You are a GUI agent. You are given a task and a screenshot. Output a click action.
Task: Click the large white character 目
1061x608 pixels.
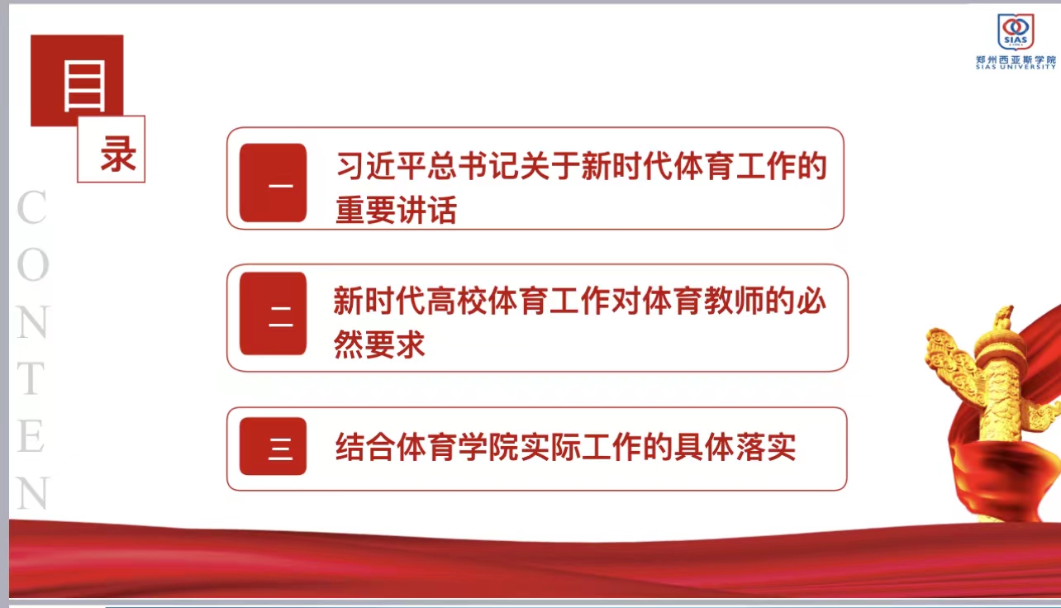click(x=85, y=86)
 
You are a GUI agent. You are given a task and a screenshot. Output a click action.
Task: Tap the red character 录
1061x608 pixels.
click(x=118, y=154)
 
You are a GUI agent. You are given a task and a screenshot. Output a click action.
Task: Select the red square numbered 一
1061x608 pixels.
click(x=273, y=183)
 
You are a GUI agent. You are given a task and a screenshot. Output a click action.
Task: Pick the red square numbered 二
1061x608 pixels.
click(x=273, y=313)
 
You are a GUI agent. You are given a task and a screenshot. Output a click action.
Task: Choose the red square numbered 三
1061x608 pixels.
click(x=273, y=446)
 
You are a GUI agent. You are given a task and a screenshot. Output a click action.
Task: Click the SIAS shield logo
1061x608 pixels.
click(x=1016, y=31)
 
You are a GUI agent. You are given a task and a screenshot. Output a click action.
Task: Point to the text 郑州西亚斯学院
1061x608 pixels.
click(x=1016, y=60)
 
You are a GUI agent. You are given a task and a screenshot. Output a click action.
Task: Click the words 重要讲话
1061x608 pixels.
click(x=396, y=210)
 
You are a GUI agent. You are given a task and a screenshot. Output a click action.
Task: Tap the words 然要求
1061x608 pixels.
click(x=379, y=344)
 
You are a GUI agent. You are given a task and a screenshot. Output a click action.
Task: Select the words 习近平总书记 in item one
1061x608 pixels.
click(x=428, y=166)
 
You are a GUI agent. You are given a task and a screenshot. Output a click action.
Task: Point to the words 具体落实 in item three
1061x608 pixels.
click(x=735, y=447)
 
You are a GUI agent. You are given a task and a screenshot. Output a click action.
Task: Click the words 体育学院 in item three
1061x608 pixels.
click(x=458, y=447)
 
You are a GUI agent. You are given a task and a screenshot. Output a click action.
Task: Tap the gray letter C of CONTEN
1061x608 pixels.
click(x=31, y=207)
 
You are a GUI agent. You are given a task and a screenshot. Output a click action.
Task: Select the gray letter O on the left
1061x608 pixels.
click(x=33, y=264)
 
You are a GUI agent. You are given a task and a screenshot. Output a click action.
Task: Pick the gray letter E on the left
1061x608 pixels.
click(x=31, y=436)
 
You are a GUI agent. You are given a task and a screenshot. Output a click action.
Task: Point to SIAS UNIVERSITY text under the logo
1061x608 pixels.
click(x=1016, y=67)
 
